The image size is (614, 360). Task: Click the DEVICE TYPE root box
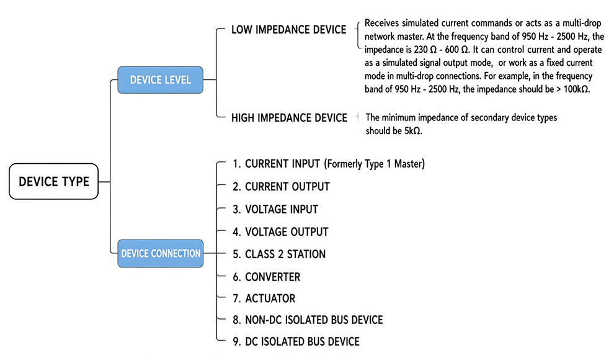[53, 181]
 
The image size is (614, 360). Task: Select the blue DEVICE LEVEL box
[160, 80]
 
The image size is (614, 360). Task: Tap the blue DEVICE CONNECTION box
[161, 253]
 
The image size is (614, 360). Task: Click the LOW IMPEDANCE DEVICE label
[288, 30]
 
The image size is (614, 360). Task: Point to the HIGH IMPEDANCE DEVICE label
[289, 118]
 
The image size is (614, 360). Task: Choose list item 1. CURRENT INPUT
[276, 164]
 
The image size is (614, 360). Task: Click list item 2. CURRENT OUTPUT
[281, 187]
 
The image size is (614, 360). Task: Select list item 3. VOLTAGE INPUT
[275, 210]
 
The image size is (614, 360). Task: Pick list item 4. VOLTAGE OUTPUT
[280, 232]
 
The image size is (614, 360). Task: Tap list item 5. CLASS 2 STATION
[279, 254]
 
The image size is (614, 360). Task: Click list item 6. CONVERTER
[266, 277]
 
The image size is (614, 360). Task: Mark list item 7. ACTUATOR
[264, 299]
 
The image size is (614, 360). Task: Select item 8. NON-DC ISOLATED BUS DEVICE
[308, 320]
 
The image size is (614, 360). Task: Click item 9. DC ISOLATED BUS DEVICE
[296, 341]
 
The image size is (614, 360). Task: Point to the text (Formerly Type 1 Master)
[375, 164]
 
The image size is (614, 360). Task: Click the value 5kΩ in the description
[412, 131]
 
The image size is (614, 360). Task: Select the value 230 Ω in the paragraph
[425, 50]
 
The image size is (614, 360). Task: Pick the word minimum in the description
[400, 117]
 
